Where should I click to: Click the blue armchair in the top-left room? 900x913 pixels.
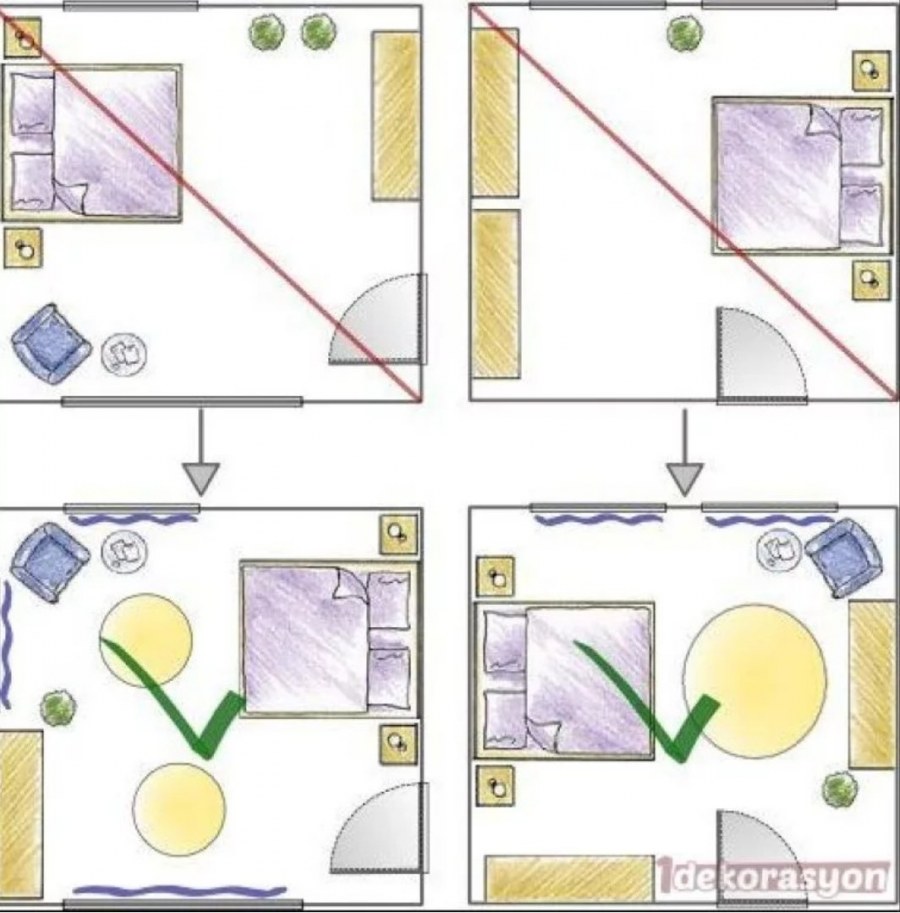coord(51,344)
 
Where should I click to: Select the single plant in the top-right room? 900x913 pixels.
coord(685,33)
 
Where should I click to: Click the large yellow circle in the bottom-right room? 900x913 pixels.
coord(755,681)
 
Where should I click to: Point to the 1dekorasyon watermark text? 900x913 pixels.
coord(774,877)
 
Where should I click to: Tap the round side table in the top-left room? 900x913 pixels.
coord(124,353)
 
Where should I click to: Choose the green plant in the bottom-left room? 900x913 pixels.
coord(58,707)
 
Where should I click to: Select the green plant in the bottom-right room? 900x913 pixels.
coord(840,790)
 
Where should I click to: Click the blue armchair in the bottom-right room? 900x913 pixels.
coord(844,558)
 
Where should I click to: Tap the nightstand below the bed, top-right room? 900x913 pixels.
coord(871,280)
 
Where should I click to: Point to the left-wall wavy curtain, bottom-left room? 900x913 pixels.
coord(6,645)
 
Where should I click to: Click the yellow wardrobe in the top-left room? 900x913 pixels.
coord(396,116)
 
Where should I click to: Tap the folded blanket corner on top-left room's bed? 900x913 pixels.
coord(71,197)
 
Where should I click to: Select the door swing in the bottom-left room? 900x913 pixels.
coord(378,828)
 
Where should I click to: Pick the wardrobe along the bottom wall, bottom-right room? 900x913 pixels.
coord(569,879)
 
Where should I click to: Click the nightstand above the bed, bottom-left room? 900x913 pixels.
coord(399,534)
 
